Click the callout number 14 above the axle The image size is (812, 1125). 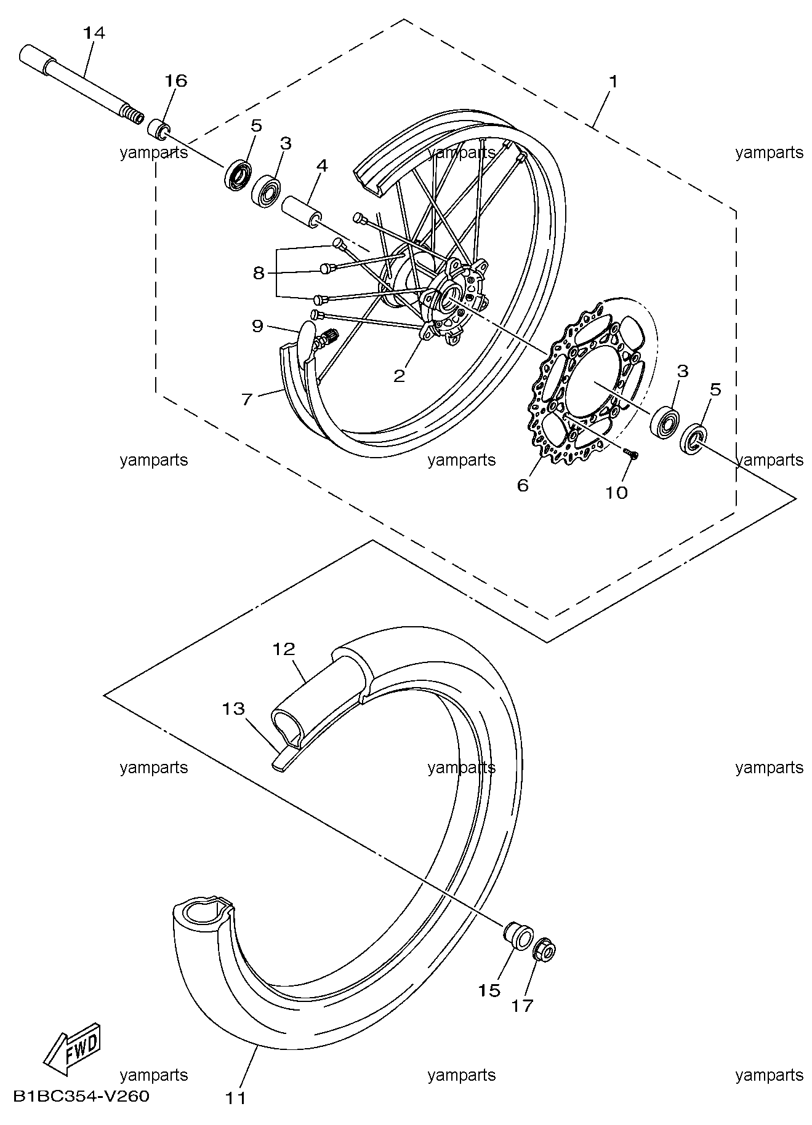(94, 33)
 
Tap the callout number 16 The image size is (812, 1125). (175, 81)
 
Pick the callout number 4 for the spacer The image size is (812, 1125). (323, 165)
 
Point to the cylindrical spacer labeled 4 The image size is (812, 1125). (301, 211)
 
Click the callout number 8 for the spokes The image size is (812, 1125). (259, 272)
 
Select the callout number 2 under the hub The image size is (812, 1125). (400, 375)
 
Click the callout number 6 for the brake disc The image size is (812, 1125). (523, 485)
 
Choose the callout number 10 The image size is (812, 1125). (617, 492)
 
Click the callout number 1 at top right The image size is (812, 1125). (613, 81)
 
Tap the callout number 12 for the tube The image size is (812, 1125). (284, 649)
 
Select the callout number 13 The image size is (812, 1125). (234, 709)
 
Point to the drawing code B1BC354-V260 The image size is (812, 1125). (81, 1096)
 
